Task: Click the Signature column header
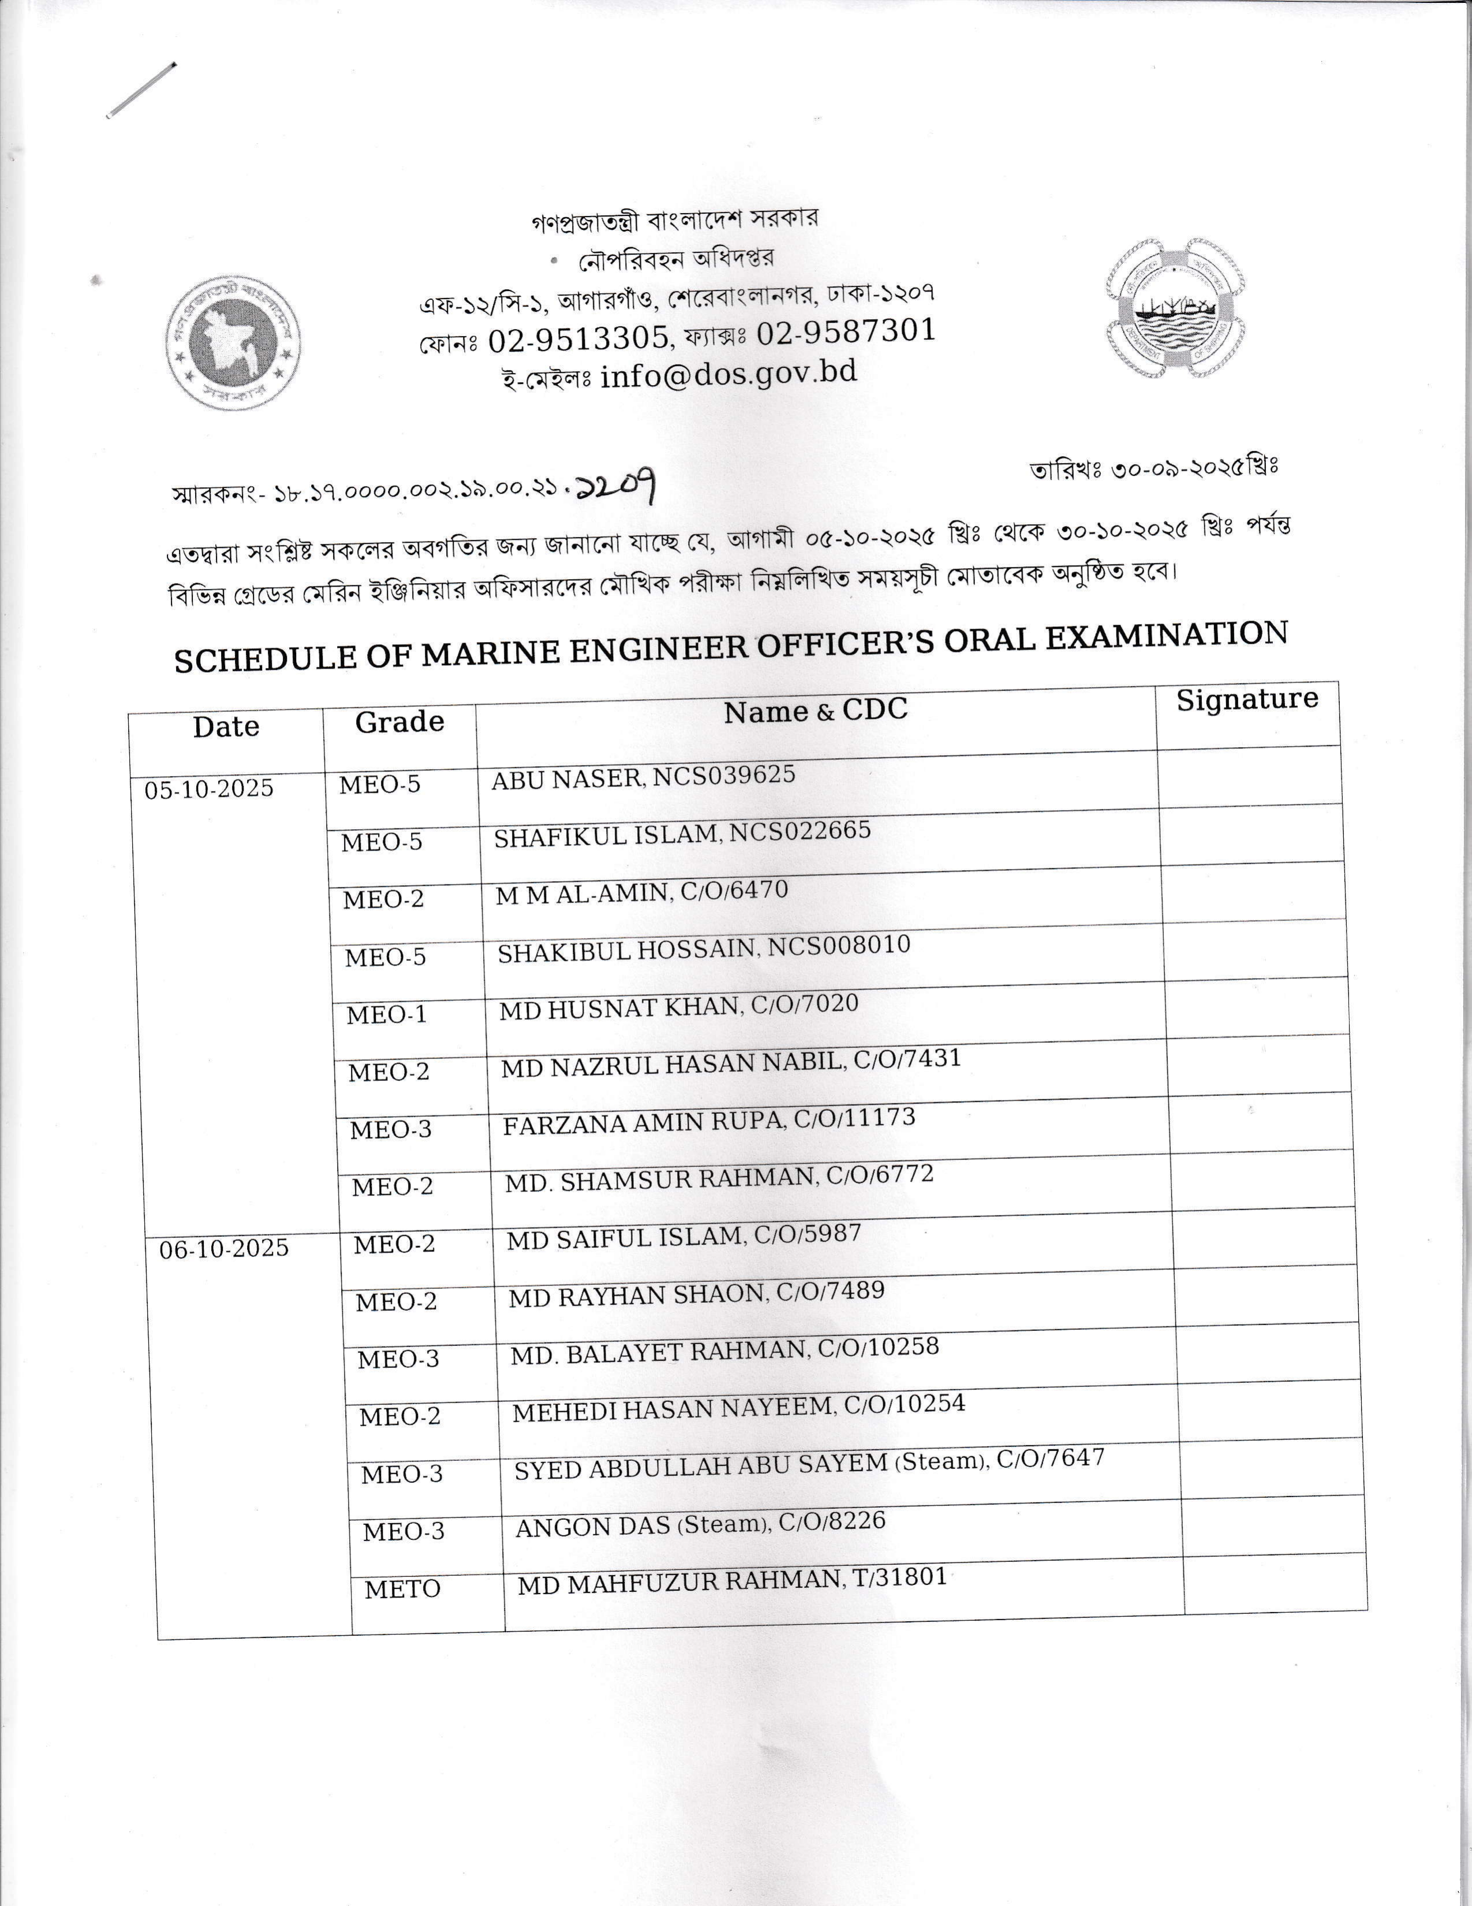click(x=1246, y=700)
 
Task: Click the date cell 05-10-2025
click(x=210, y=789)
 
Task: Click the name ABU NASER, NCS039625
click(x=643, y=776)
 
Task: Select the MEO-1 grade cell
click(x=387, y=1014)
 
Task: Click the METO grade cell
click(x=402, y=1589)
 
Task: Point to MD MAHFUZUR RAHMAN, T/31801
click(x=732, y=1580)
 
